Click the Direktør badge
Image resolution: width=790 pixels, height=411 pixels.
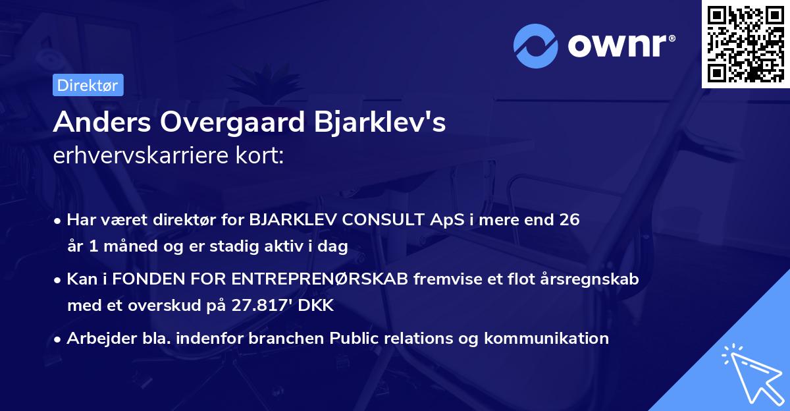[88, 85]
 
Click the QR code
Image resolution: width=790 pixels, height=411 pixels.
[746, 44]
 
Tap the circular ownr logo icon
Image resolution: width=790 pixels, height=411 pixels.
[536, 45]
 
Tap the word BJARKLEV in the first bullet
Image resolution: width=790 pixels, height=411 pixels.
[286, 220]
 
